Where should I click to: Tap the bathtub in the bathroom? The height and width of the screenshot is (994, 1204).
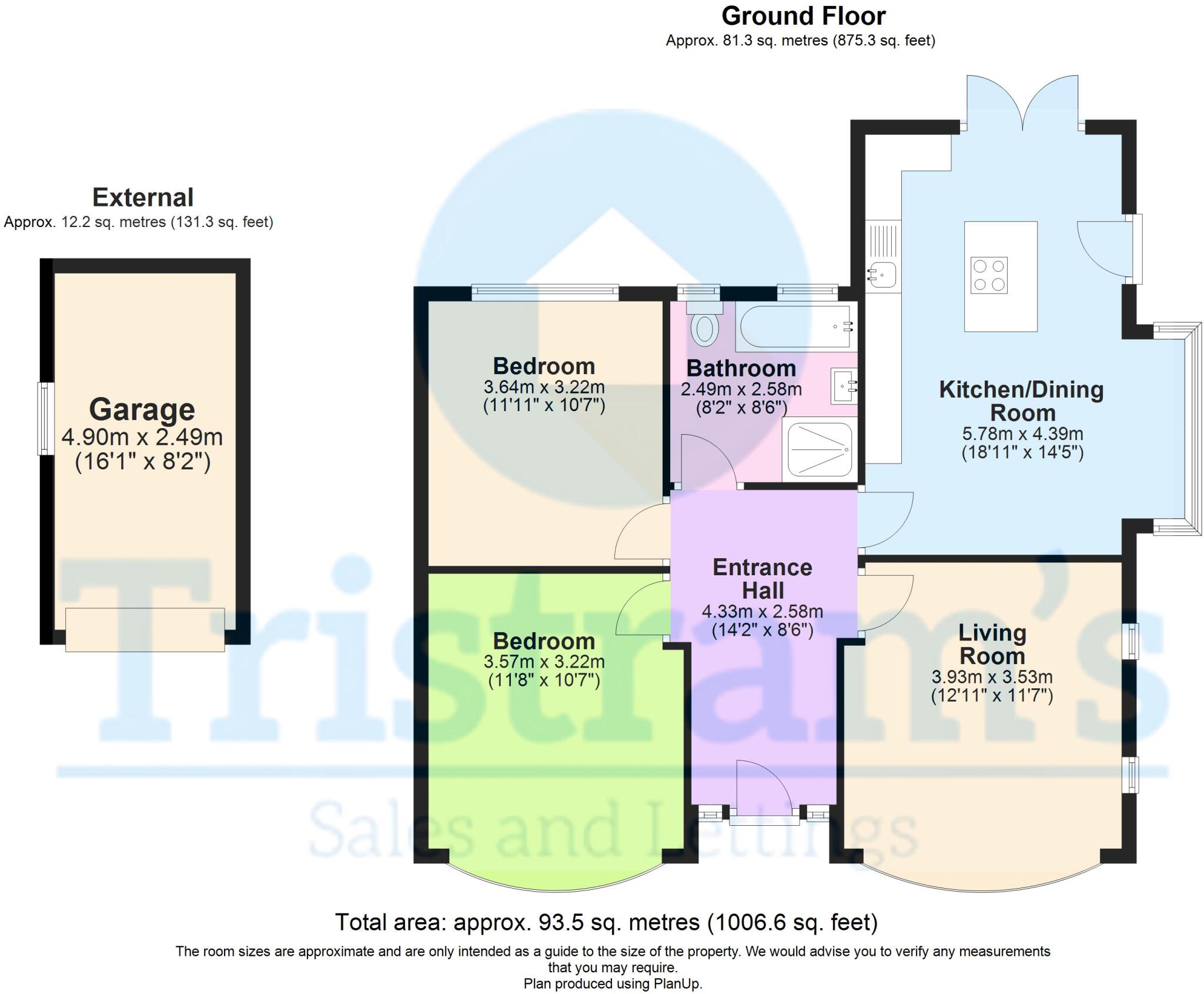point(795,326)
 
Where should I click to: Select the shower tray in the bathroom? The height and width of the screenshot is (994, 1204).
point(820,450)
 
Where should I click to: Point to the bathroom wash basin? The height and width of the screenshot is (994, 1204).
point(844,386)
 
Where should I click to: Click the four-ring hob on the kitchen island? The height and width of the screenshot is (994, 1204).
point(989,275)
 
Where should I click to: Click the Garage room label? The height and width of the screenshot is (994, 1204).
point(142,409)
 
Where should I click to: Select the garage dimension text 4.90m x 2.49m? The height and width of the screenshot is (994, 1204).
point(142,437)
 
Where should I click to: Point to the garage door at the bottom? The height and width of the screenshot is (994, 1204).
point(145,629)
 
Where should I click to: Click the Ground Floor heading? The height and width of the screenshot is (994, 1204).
point(803,16)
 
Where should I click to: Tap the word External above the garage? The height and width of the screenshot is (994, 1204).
point(143,198)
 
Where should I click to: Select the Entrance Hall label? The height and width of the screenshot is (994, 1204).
point(762,579)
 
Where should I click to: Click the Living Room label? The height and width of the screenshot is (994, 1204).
point(992,644)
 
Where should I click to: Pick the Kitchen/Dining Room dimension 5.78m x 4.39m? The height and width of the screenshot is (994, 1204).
point(1022,433)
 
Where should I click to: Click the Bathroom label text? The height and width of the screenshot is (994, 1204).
point(741,369)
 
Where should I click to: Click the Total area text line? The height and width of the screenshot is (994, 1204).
point(606,922)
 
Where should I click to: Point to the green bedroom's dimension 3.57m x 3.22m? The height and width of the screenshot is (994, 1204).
point(544,662)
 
